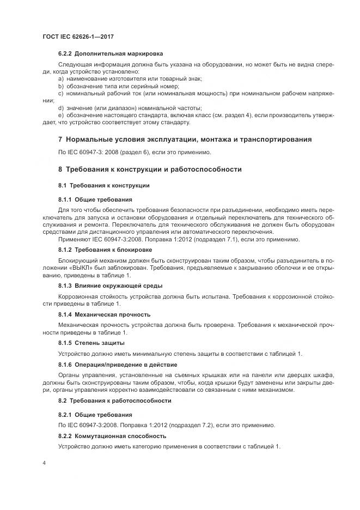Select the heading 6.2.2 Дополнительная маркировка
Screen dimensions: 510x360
point(111,54)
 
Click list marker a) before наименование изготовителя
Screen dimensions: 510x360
point(60,79)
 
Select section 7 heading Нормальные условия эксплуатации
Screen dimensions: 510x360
point(185,139)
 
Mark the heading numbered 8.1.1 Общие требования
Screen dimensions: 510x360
point(95,199)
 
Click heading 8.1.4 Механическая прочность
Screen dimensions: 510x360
point(104,314)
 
